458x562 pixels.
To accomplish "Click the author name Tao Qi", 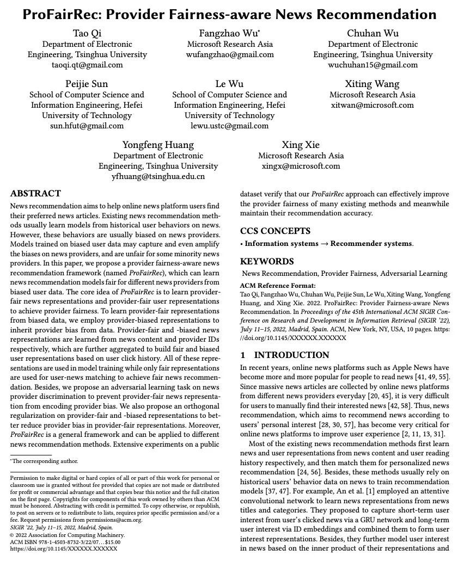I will coord(87,34).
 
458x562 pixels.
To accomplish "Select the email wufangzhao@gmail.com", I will coord(230,54).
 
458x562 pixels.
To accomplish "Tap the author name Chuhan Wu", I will coord(372,34).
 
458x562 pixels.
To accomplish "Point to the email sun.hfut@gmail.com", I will coord(87,125).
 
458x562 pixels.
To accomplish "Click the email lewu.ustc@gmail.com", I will coord(230,125).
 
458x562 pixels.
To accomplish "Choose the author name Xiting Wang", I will coord(372,84).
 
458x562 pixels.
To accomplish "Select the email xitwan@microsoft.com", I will coord(372,105).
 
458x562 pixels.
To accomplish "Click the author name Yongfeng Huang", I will coord(158,145).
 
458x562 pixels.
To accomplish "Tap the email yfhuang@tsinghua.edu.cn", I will coord(158,176).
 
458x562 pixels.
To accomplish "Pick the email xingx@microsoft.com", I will coord(301,166).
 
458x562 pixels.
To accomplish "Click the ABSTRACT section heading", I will coord(35,194).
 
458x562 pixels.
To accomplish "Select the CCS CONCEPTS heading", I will coord(275,231).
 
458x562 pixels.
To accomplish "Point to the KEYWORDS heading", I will coord(267,261).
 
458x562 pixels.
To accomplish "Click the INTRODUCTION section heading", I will coord(284,355).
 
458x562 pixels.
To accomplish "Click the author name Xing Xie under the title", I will coord(301,145).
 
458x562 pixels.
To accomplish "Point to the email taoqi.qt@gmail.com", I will coord(87,65).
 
